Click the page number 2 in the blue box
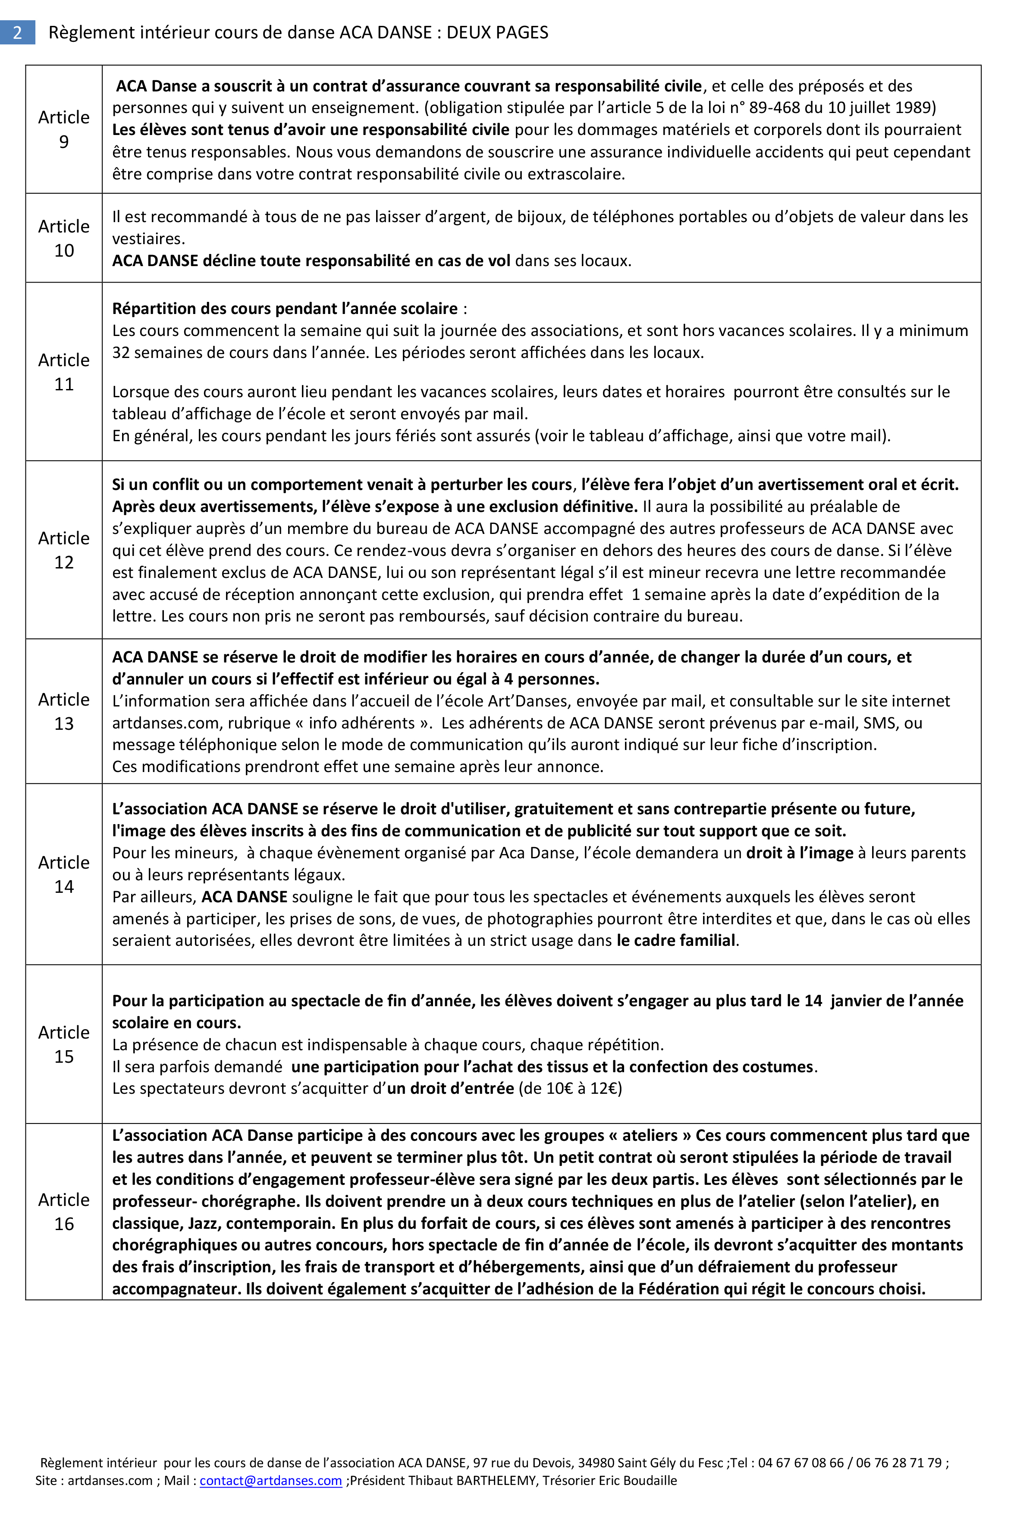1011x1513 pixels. [17, 32]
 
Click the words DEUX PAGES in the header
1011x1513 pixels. [497, 32]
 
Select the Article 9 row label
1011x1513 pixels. [64, 129]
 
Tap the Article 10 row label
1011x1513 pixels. [64, 238]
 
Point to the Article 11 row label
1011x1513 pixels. [64, 371]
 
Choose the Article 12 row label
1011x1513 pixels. [64, 550]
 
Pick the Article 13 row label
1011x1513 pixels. [64, 711]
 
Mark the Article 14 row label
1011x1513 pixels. [64, 874]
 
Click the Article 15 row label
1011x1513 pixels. [64, 1044]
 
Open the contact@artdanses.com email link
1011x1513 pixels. [271, 1480]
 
